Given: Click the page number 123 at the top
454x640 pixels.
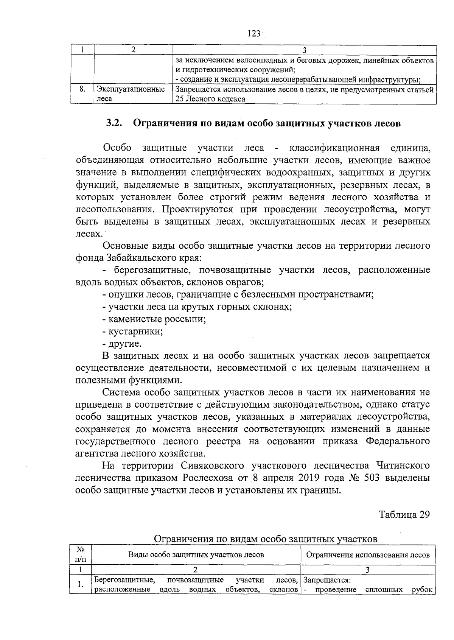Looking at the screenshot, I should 254,34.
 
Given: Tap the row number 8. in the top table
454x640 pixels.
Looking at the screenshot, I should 82,90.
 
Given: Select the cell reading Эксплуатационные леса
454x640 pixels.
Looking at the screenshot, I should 131,94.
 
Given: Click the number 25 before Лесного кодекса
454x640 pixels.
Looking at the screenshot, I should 179,99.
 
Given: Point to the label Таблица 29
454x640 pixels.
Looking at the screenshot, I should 404,515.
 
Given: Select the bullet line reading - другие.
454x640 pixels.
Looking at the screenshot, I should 122,344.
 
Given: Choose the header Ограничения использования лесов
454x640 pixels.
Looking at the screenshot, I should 368,555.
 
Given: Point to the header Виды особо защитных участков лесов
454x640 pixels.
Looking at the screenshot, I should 196,555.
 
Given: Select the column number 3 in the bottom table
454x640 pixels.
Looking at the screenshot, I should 367,570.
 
